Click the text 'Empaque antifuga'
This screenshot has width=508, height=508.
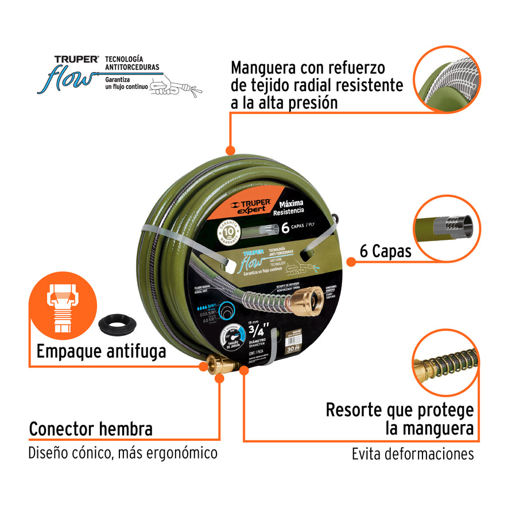(101, 351)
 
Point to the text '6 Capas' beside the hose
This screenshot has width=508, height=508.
(385, 251)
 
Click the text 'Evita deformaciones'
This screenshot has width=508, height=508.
(413, 454)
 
